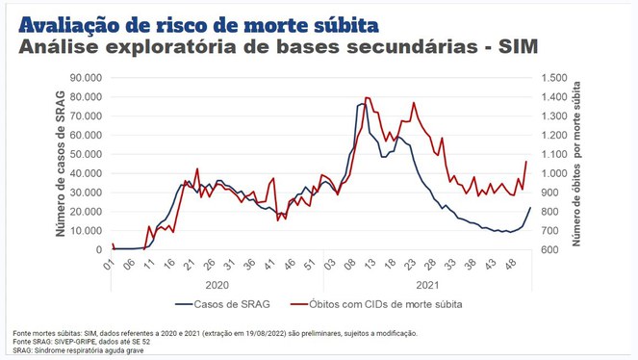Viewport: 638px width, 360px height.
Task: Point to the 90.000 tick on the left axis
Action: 87,78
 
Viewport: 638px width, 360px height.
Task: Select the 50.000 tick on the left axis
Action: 87,154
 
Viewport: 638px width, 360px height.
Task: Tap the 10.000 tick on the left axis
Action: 87,231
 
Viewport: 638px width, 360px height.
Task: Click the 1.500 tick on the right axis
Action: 554,78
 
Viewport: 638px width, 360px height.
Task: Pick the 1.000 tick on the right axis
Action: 554,173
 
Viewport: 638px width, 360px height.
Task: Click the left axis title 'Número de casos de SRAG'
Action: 59,165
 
